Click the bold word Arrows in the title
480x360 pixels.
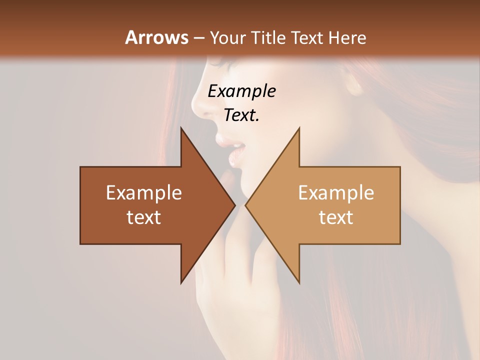(156, 37)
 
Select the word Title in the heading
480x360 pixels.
(269, 38)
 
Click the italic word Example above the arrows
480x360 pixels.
(241, 91)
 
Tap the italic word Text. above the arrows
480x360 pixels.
(241, 115)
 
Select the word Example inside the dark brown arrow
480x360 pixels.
(144, 192)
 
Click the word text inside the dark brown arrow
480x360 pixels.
(144, 217)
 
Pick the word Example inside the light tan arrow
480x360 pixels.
(336, 192)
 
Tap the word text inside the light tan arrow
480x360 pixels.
(336, 217)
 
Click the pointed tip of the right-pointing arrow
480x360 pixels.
(235, 205)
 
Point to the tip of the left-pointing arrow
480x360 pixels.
(245, 205)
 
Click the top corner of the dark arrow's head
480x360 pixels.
(181, 128)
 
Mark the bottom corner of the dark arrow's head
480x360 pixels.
(181, 282)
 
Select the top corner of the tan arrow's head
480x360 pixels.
(299, 128)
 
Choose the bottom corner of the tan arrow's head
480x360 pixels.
(299, 282)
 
